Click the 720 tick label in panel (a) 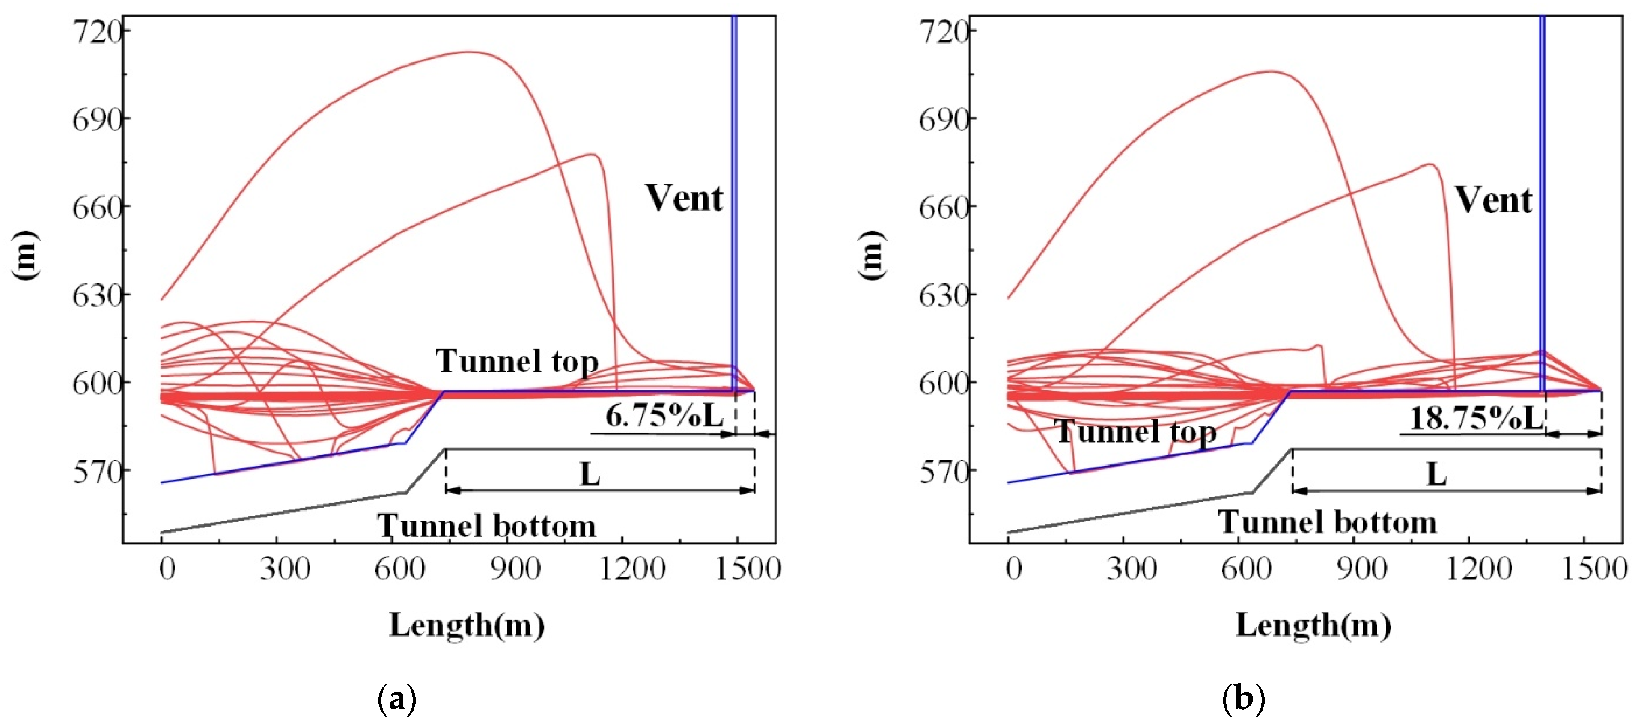click(x=97, y=30)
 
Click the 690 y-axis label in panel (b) click(x=944, y=119)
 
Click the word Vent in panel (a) click(x=684, y=198)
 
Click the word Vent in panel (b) click(x=1493, y=201)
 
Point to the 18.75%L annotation click(x=1477, y=418)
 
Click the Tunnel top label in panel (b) click(x=1136, y=432)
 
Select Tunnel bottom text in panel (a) click(x=487, y=526)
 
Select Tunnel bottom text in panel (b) click(x=1328, y=522)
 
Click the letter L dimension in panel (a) click(x=590, y=474)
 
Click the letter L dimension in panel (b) click(x=1436, y=474)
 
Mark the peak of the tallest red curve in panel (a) click(x=470, y=52)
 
